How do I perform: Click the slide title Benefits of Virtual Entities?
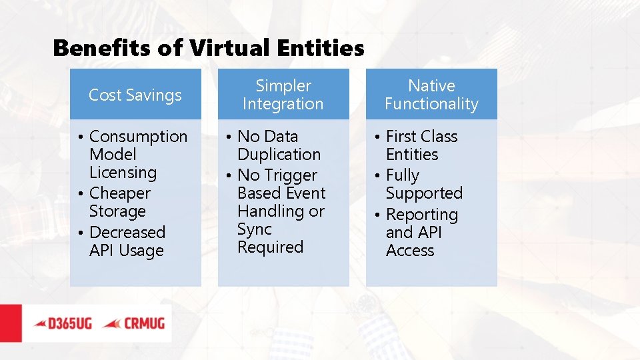coord(208,48)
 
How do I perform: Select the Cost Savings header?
coord(135,95)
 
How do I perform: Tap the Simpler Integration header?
coord(283,95)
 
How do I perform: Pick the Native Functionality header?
coord(431,95)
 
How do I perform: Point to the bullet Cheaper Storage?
coord(120,202)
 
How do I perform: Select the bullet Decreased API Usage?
coord(127,241)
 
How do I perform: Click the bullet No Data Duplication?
coord(279,145)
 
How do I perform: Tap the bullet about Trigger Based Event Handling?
coord(280,211)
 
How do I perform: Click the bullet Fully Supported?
coord(423,184)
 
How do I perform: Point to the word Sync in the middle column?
coord(254,229)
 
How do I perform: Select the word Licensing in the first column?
coord(123,173)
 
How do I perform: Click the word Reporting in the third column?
coord(421,215)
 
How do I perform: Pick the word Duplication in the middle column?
coord(279,155)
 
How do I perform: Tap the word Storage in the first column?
coord(117,211)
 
